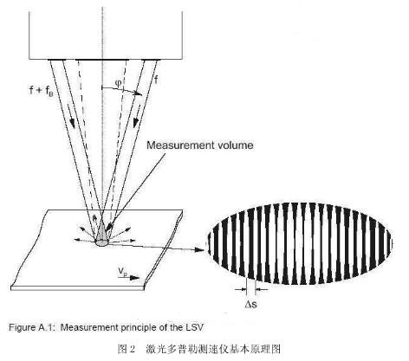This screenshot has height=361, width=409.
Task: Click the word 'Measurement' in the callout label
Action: coord(172,145)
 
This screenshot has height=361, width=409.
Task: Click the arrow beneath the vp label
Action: coord(126,278)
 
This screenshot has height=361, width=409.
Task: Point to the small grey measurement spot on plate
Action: coord(102,242)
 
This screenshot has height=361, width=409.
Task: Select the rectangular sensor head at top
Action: coord(106,27)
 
